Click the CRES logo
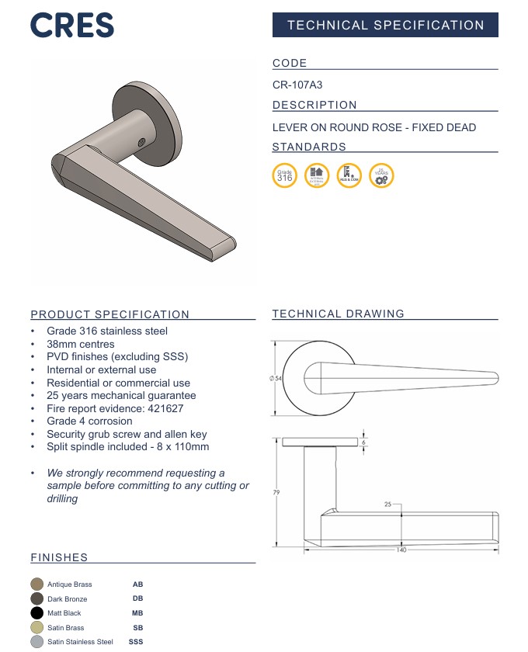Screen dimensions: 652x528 pyautogui.click(x=72, y=26)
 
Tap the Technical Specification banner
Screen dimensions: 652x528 pyautogui.click(x=385, y=25)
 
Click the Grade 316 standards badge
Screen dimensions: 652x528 pyautogui.click(x=284, y=175)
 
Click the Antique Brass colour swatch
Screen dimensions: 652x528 pyautogui.click(x=36, y=584)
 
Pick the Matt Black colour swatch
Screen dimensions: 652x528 pyautogui.click(x=36, y=613)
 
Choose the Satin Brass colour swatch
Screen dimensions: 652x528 pyautogui.click(x=36, y=627)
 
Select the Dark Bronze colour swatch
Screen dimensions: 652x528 pyautogui.click(x=36, y=599)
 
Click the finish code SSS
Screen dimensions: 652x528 pyautogui.click(x=136, y=642)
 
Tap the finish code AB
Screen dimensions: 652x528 pyautogui.click(x=137, y=584)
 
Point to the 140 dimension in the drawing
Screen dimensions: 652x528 pyautogui.click(x=401, y=550)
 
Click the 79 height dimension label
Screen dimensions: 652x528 pyautogui.click(x=276, y=492)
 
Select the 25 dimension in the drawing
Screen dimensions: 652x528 pyautogui.click(x=387, y=504)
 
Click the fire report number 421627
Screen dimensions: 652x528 pyautogui.click(x=162, y=408)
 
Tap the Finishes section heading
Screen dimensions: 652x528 pyautogui.click(x=59, y=557)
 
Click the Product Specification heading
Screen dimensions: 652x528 pyautogui.click(x=109, y=314)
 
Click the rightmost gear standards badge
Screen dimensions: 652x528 pyautogui.click(x=380, y=175)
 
